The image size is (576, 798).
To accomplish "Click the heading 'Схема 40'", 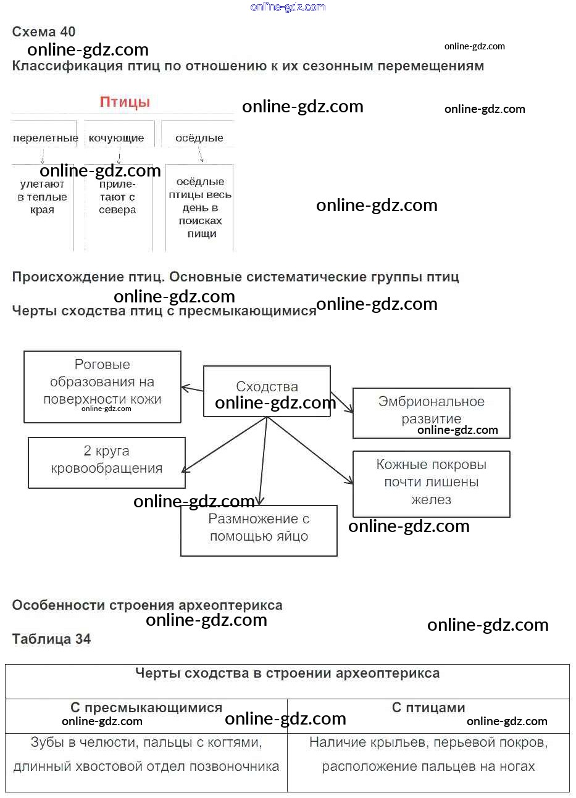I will coord(44,32).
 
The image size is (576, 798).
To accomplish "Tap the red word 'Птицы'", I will coord(125,102).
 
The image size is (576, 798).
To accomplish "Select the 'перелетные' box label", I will coord(45,138).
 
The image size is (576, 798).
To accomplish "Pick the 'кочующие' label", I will coord(116,138).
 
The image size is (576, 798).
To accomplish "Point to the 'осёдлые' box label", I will coord(199,138).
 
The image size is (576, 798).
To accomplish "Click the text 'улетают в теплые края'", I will coord(43,197).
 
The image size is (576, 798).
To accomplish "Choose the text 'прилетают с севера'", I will coord(117,197).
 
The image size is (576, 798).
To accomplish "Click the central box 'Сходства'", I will coord(267,388).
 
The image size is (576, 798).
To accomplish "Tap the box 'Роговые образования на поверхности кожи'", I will coord(102,383).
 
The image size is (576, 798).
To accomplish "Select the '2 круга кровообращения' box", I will coord(106,460).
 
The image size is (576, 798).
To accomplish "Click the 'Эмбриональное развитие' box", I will coord(431,411).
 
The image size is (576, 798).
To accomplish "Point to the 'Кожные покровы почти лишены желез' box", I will coord(431,483).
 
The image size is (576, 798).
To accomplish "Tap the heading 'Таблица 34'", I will coord(51,639).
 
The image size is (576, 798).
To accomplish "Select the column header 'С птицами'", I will coord(428,708).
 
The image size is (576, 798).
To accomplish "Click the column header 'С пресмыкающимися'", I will coord(146,708).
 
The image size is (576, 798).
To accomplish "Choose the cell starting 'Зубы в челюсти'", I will coord(146,755).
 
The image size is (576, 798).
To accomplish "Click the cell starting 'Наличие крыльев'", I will coord(428,755).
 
